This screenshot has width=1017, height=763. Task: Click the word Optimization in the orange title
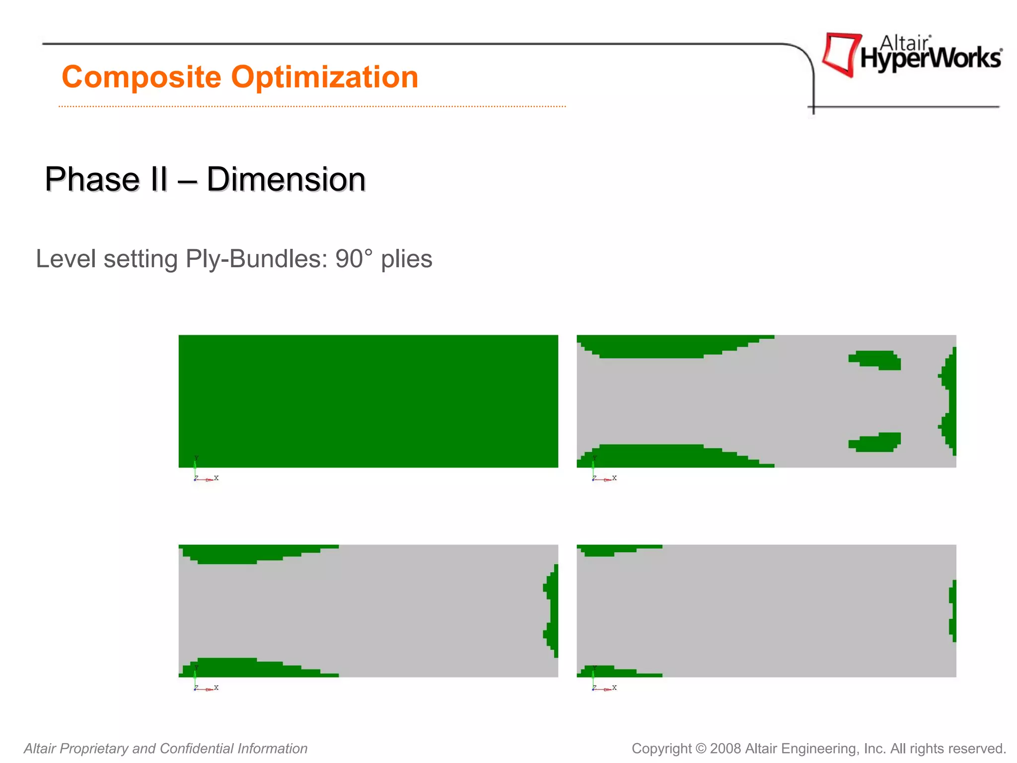[x=325, y=77]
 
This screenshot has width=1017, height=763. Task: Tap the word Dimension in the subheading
[x=286, y=179]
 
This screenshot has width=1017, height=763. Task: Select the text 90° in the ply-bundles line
[x=354, y=259]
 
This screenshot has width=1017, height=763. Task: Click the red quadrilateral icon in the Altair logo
[x=840, y=54]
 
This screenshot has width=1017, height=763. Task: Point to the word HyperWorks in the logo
[x=931, y=59]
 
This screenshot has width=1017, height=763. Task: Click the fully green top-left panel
[x=368, y=401]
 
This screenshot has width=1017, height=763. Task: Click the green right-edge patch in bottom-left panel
[x=552, y=611]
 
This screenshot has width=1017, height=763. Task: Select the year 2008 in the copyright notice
[x=726, y=749]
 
